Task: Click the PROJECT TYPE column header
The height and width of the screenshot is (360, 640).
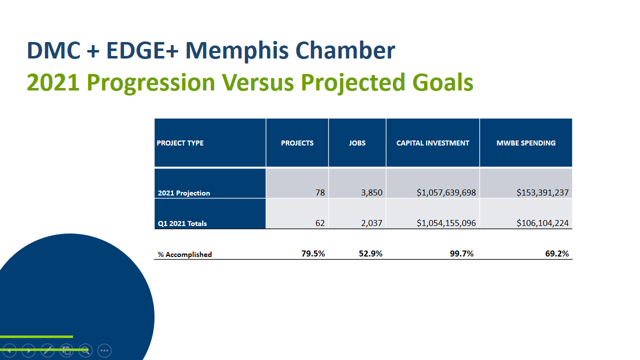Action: coord(180,143)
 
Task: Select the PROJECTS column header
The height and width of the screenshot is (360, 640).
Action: coord(297,143)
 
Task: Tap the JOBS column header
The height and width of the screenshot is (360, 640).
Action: coord(357,143)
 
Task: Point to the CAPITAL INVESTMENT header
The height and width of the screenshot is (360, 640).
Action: coord(432,143)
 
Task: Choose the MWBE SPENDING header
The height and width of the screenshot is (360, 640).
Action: coord(526,143)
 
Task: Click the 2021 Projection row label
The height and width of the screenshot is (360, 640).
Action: coord(183,193)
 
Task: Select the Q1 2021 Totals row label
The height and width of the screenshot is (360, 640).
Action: coord(182,223)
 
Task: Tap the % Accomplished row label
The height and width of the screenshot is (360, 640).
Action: coord(185,254)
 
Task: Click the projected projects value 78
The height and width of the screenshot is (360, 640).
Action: coord(320,192)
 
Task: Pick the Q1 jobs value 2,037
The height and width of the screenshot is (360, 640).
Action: coord(371,223)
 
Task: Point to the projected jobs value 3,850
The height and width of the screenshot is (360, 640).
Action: coord(371,192)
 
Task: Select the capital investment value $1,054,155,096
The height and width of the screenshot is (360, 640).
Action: coord(446,223)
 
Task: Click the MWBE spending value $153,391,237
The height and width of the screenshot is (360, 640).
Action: coord(542,192)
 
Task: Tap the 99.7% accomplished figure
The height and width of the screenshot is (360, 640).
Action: coord(461,253)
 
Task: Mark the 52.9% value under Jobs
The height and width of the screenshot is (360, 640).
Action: coord(370,253)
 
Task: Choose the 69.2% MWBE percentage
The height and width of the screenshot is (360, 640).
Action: coord(557,253)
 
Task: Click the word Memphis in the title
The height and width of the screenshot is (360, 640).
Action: coord(237,51)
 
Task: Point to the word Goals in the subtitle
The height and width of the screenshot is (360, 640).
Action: coord(442,82)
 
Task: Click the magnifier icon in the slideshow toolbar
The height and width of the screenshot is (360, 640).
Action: coord(85,350)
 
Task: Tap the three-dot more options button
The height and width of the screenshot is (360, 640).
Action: coord(104,350)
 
